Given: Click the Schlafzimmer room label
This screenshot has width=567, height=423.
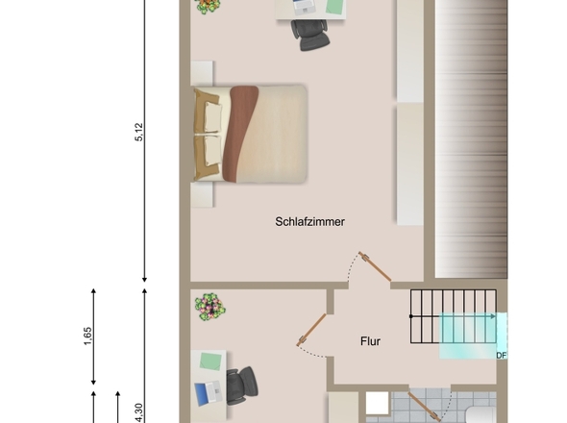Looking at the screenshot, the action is [x=309, y=221].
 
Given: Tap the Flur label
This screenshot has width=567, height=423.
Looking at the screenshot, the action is [x=370, y=341].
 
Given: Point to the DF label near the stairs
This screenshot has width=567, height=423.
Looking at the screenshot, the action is [x=502, y=356].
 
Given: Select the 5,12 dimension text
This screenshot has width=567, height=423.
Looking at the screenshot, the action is [x=139, y=132].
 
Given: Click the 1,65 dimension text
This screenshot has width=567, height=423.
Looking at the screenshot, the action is [x=87, y=336].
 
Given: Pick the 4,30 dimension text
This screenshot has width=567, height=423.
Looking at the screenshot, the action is [x=139, y=413].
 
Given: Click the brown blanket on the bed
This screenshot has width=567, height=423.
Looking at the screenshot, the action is [x=239, y=134].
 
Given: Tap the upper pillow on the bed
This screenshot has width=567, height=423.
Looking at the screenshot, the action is [x=212, y=116].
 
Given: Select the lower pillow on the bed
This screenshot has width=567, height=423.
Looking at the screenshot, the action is [x=212, y=151].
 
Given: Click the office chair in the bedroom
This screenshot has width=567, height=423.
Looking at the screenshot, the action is [x=311, y=34].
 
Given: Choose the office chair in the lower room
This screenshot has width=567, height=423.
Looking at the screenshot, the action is [x=241, y=386].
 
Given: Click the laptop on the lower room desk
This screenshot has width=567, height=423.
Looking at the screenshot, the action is [x=209, y=393].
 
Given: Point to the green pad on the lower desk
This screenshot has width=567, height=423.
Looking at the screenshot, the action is [x=210, y=361].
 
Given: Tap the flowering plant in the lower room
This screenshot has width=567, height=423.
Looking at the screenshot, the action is [x=210, y=308].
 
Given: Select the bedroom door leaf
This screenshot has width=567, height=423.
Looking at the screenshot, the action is [x=376, y=266].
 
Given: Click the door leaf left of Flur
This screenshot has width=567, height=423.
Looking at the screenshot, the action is [x=311, y=330].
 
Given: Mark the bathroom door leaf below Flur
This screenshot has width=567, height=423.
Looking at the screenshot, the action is [x=424, y=407].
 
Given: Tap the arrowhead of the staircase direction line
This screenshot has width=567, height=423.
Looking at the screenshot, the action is [x=493, y=316].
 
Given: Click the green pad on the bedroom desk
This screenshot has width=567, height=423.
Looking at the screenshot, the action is [x=334, y=6].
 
